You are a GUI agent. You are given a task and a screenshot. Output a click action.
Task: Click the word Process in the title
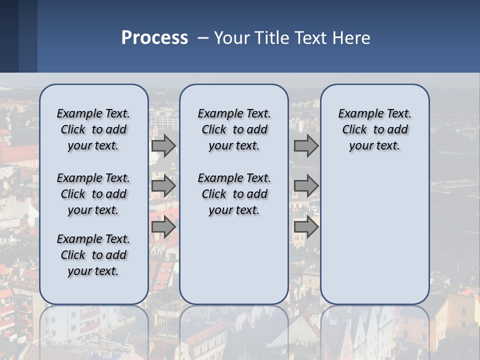pyautogui.click(x=154, y=38)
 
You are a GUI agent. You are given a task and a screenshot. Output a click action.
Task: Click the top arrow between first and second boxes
pyautogui.click(x=163, y=145)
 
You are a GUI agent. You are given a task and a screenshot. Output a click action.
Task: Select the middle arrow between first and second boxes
pyautogui.click(x=163, y=186)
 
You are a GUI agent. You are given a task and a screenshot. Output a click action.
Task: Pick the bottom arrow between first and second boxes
pyautogui.click(x=163, y=227)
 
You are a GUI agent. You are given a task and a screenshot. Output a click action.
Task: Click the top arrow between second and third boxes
pyautogui.click(x=306, y=145)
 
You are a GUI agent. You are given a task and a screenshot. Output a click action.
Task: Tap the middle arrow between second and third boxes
pyautogui.click(x=306, y=186)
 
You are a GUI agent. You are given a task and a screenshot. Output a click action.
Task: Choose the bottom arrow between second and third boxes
pyautogui.click(x=306, y=227)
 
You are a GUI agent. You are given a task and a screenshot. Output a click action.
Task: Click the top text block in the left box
pyautogui.click(x=93, y=129)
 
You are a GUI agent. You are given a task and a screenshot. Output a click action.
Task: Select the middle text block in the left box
pyautogui.click(x=93, y=194)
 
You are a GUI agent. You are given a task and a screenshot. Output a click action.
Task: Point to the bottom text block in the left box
pyautogui.click(x=93, y=255)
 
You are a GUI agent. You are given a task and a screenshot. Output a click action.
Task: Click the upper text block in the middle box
pyautogui.click(x=234, y=129)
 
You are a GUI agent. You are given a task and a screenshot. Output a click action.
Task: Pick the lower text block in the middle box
pyautogui.click(x=234, y=194)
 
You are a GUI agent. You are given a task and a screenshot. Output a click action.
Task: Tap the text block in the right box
pyautogui.click(x=375, y=129)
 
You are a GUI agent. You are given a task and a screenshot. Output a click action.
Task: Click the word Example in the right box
pyautogui.click(x=358, y=114)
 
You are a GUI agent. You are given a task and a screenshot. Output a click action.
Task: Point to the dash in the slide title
pyautogui.click(x=203, y=38)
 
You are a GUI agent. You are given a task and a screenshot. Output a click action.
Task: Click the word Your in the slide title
pyautogui.click(x=232, y=38)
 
